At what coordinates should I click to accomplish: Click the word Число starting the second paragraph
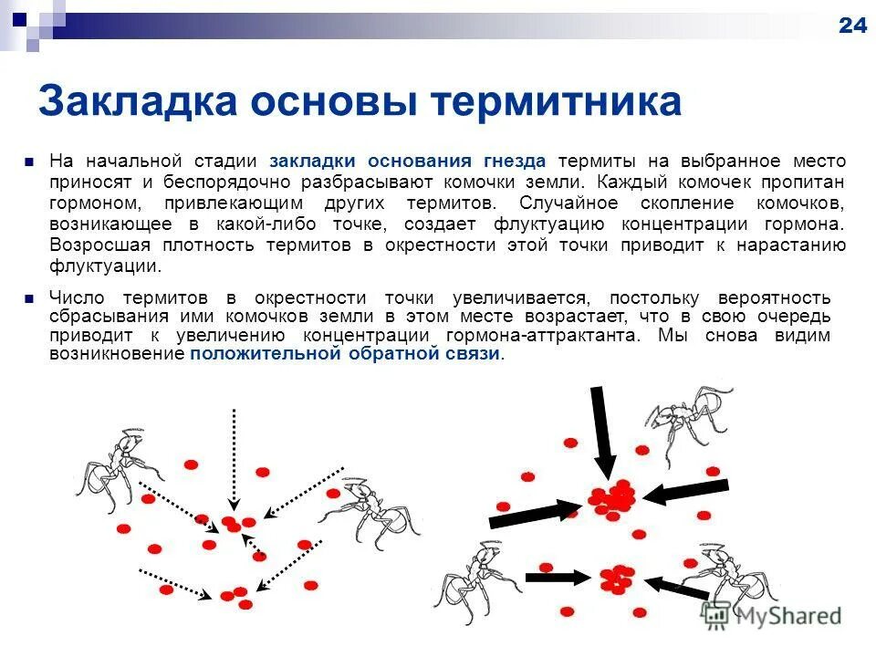(x=77, y=298)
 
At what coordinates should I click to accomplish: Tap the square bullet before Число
(x=30, y=298)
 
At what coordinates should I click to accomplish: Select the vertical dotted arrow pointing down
(x=235, y=456)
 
